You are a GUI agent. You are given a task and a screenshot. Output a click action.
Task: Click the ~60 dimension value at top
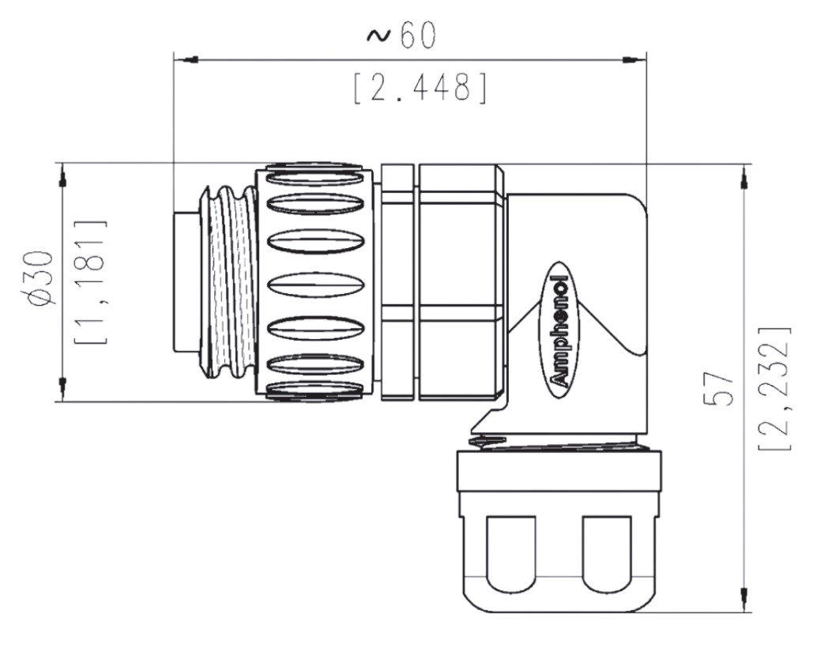pos(401,36)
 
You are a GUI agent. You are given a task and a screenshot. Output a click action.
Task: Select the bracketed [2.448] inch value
pos(420,88)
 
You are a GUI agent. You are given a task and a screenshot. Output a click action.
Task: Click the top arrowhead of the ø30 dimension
pos(63,175)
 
